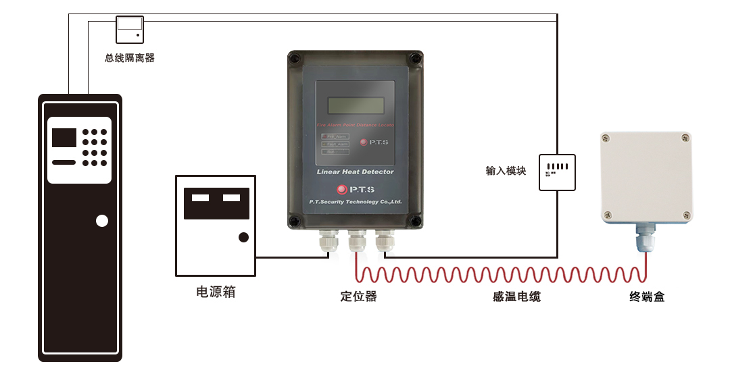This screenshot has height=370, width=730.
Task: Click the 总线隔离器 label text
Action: tap(130, 58)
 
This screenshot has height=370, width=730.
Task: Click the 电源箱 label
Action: tap(216, 292)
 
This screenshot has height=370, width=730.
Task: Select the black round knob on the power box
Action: tap(243, 237)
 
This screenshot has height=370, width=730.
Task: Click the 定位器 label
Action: tap(358, 296)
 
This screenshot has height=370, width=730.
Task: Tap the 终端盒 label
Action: tap(647, 296)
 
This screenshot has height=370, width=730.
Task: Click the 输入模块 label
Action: tap(506, 171)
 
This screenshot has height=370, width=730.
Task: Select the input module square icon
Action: tap(557, 171)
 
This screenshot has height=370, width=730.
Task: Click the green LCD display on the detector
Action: tap(356, 107)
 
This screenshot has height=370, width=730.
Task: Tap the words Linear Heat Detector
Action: tap(356, 171)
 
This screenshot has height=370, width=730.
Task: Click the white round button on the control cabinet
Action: tap(102, 221)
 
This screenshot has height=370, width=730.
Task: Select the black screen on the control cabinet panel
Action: tap(64, 137)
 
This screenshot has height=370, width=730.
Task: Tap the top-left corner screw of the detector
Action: tap(294, 58)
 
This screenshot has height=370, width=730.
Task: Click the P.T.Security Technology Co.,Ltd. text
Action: tap(356, 201)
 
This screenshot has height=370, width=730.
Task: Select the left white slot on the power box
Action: tap(200, 199)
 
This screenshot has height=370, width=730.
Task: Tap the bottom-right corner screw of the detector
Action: tap(416, 221)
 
